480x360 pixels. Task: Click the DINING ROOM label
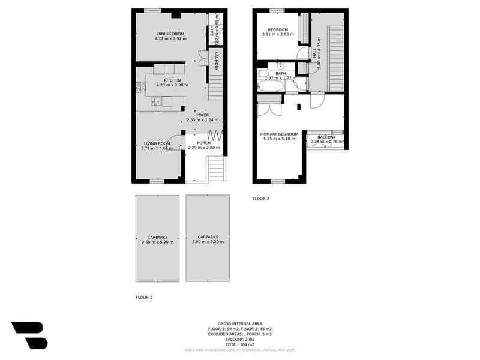171,34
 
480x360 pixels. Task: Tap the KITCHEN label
172,80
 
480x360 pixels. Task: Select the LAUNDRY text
216,61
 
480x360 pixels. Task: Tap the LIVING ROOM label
157,143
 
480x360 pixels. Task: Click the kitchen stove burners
141,88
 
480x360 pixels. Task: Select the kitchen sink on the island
156,101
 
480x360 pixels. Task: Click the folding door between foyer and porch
215,136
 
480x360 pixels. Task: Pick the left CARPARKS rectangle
157,238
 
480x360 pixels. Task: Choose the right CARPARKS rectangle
208,238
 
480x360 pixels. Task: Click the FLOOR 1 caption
144,297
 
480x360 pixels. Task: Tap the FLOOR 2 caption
261,199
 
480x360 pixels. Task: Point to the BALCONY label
326,137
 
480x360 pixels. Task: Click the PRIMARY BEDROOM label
278,134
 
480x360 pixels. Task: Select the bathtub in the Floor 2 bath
271,85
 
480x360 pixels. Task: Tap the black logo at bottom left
29,334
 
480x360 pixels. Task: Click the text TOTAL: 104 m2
239,344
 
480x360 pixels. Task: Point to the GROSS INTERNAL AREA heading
239,323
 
